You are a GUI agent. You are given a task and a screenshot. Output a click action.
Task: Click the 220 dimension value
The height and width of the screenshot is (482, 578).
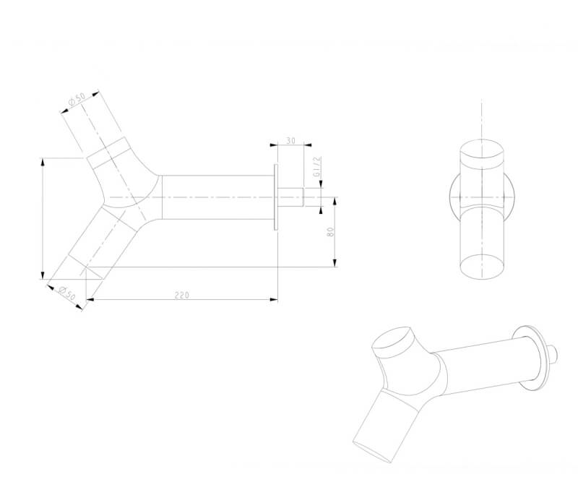click(x=182, y=295)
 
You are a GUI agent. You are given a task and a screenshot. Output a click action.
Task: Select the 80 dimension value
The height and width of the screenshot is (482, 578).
click(x=331, y=231)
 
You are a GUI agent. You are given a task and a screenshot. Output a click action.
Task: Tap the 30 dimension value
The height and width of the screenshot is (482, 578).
click(x=291, y=140)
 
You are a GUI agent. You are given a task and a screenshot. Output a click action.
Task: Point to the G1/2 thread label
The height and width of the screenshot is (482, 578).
click(x=317, y=166)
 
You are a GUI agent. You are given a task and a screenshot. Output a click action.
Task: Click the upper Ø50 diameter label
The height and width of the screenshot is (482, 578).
click(x=77, y=99)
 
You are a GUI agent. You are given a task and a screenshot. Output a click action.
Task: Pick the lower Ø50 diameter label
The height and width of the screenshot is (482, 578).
click(x=67, y=293)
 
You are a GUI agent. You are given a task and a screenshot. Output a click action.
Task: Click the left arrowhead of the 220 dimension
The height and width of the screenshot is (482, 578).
click(x=90, y=299)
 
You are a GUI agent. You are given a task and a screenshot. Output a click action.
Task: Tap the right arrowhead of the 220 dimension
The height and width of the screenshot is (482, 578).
click(x=274, y=299)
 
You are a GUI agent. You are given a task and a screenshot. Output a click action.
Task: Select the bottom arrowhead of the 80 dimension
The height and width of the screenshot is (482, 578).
click(x=335, y=262)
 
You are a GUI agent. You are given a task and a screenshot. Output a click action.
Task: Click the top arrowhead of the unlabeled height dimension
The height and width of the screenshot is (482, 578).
click(x=43, y=163)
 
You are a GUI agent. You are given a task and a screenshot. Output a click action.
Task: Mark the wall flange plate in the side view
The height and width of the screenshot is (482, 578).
click(x=276, y=197)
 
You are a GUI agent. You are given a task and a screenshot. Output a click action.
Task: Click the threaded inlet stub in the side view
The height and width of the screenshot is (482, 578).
click(x=290, y=197)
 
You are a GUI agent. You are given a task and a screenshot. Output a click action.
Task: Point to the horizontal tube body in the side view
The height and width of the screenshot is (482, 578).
click(x=218, y=197)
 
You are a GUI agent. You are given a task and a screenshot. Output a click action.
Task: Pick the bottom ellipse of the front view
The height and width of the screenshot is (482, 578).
click(x=482, y=266)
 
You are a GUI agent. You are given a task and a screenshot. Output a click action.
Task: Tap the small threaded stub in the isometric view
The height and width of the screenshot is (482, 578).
click(x=551, y=354)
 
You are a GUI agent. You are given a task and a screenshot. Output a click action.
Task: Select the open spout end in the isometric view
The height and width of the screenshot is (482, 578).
click(x=372, y=452)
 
